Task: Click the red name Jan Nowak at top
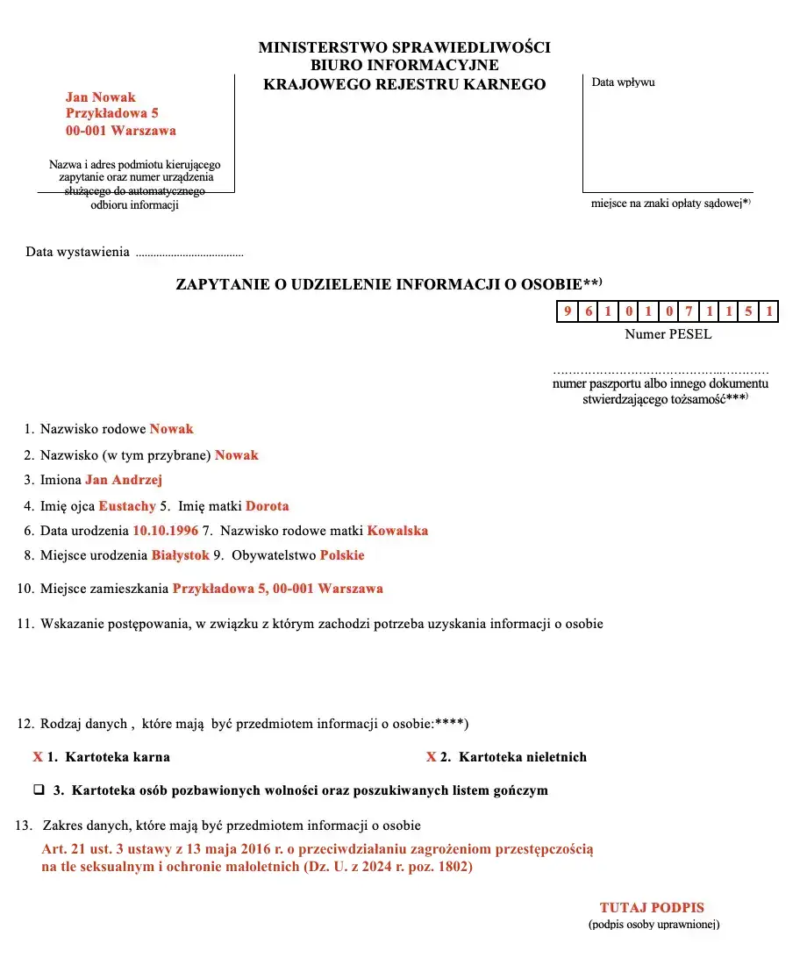pos(101,97)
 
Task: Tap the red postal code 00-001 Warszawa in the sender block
pos(121,131)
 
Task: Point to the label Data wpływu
pos(623,82)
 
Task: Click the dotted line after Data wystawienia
pos(189,254)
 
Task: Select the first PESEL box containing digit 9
pos(568,311)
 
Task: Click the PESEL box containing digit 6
pos(588,311)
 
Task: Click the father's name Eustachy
pos(127,506)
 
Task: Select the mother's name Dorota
pos(267,506)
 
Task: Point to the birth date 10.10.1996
pos(166,531)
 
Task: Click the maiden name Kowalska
pos(397,531)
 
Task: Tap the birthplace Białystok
pos(181,555)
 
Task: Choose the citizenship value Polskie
pos(342,555)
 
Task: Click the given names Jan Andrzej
pos(124,480)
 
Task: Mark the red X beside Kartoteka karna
pos(38,757)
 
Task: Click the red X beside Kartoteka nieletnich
pos(432,757)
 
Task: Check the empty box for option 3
pos(39,790)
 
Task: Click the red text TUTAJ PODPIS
pos(652,908)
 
